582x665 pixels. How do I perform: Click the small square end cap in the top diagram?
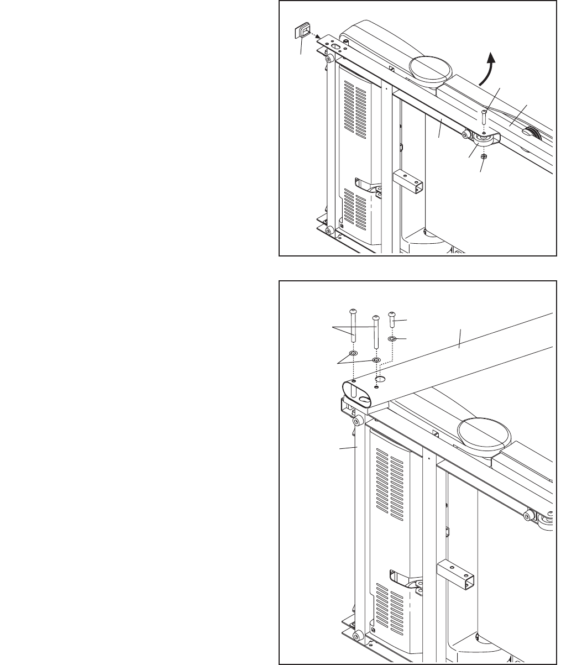[x=302, y=31]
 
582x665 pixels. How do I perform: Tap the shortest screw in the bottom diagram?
[x=392, y=320]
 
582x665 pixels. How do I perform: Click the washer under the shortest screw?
[x=392, y=338]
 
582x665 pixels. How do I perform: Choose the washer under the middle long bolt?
[x=376, y=360]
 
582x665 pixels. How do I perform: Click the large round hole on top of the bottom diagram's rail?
[x=380, y=380]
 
